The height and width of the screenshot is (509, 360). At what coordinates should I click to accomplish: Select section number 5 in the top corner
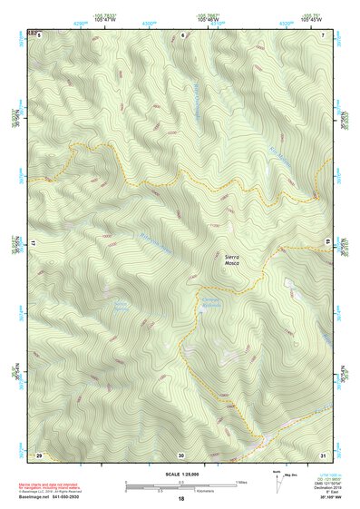tap(40, 34)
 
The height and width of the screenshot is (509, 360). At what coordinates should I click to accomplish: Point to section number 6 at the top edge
tap(182, 34)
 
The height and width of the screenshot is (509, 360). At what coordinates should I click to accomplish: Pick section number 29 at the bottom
tap(39, 453)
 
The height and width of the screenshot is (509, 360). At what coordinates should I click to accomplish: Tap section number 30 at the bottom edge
tap(181, 453)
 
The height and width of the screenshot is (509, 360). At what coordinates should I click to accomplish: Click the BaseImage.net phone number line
tap(63, 498)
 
